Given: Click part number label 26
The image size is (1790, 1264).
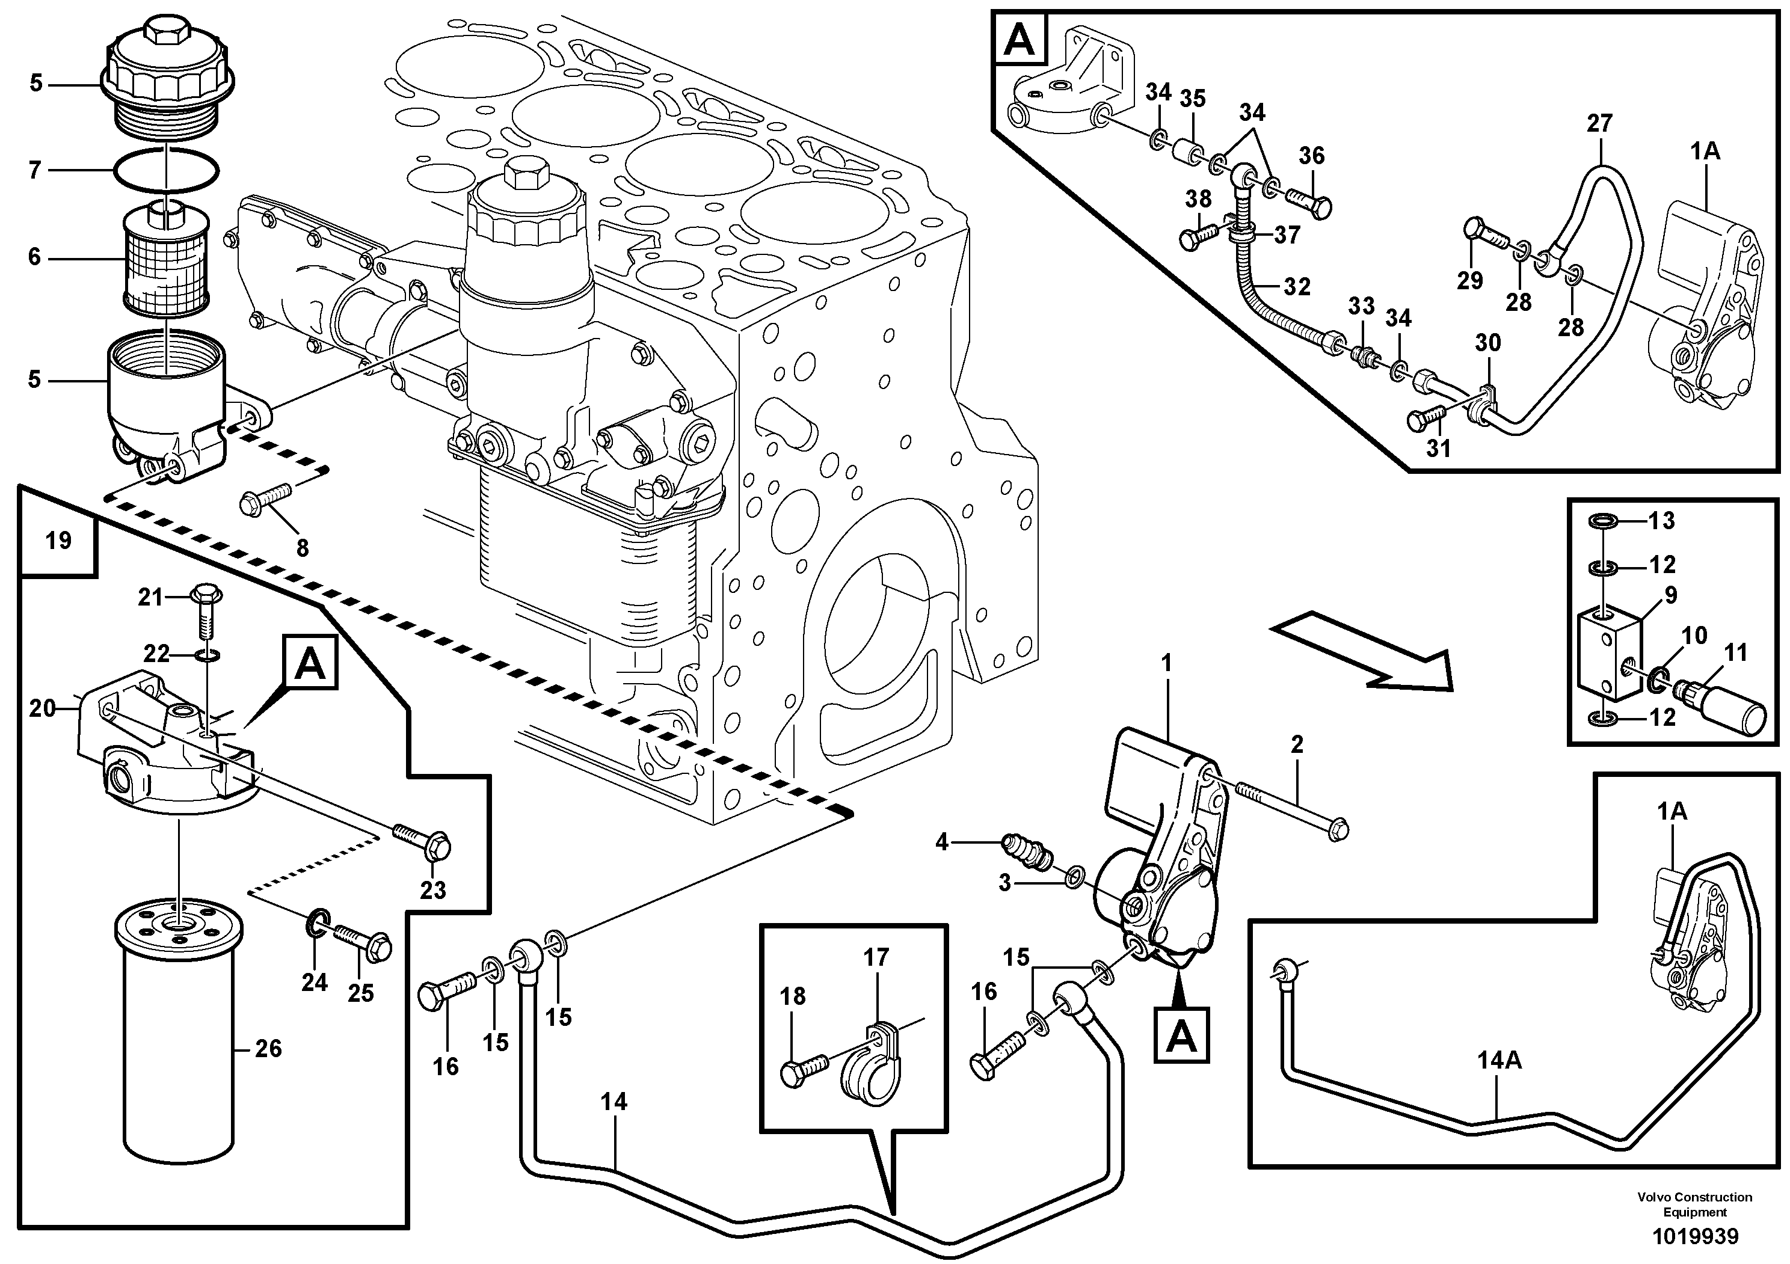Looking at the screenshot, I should [268, 1049].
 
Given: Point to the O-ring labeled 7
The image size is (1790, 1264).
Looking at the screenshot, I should [166, 170].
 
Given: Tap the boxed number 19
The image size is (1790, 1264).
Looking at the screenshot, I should [58, 540].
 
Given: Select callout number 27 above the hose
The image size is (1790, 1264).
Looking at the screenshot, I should [1598, 123].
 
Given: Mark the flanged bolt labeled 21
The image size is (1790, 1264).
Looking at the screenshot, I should [206, 612].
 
